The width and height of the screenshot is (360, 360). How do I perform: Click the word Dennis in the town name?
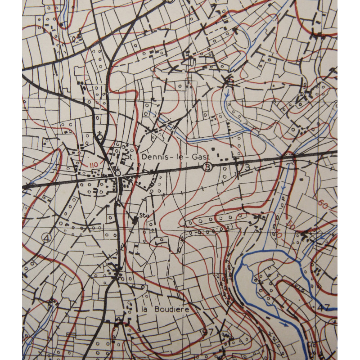pos(154,157)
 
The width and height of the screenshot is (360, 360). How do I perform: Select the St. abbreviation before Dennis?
pos(130,157)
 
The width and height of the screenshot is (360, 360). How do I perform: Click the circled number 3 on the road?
pos(207,167)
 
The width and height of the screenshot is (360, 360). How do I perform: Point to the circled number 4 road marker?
pos(46,237)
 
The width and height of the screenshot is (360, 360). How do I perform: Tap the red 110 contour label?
pos(94,165)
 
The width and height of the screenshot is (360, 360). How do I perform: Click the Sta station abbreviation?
pos(144,215)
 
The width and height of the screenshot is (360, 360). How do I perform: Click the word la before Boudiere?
pos(145,310)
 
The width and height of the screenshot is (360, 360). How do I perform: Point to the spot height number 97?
pos(207,332)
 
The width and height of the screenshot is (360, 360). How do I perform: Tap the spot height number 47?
pos(326,308)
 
